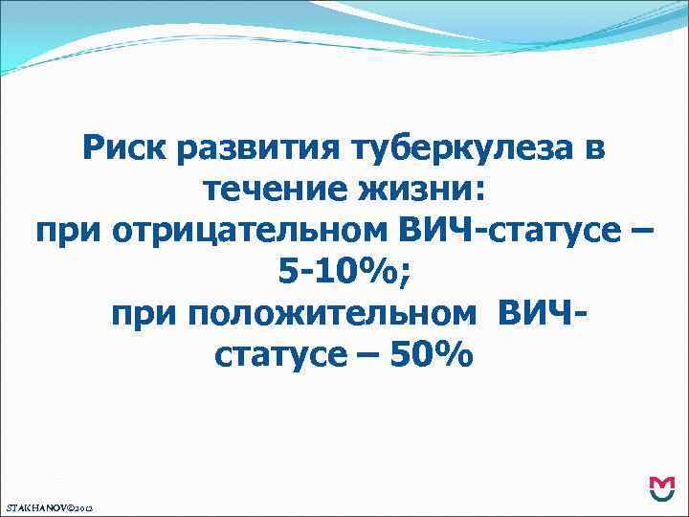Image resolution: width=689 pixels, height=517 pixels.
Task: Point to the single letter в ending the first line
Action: pos(593,150)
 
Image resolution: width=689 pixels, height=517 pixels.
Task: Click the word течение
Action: pos(278,191)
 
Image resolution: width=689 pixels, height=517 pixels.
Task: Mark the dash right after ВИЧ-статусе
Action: pos(643,233)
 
